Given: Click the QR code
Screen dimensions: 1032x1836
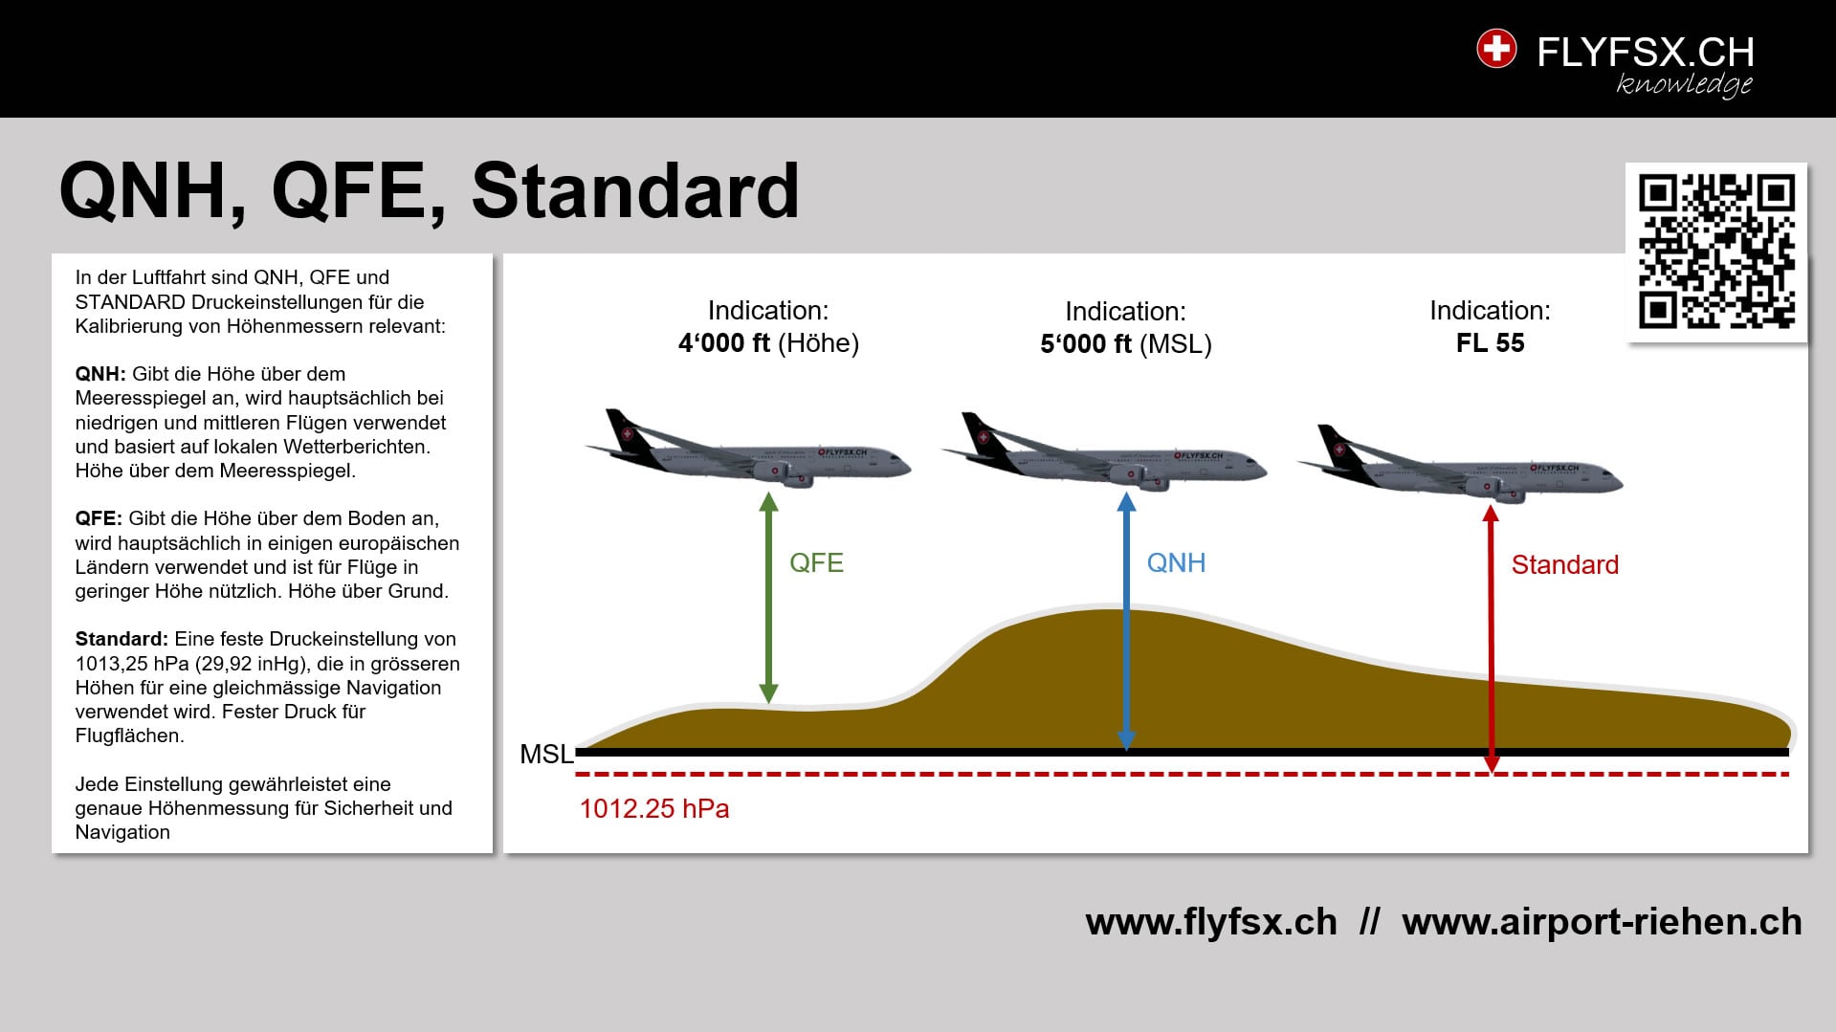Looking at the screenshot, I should (1716, 252).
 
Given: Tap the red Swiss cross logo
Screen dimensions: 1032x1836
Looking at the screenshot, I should (1496, 49).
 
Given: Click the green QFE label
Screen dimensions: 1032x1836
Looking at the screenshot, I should (816, 562).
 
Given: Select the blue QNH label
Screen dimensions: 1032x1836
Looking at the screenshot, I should (1176, 562).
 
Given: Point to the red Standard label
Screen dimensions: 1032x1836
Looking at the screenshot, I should (1564, 564).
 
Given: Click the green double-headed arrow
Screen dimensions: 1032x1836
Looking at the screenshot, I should (768, 598).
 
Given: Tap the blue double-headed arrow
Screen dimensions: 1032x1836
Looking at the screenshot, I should (1127, 622).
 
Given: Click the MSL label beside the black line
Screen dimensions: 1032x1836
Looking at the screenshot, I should (546, 755).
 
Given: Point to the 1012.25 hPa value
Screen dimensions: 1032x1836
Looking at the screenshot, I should (654, 809).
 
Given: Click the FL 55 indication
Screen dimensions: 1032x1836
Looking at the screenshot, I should (1490, 343).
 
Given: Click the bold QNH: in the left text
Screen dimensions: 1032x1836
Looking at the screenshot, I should (100, 374).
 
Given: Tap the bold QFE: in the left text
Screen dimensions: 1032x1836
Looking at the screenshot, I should (99, 518).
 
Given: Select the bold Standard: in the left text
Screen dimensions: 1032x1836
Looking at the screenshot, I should (122, 639).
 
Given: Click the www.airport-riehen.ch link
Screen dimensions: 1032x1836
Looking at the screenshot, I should (1602, 922).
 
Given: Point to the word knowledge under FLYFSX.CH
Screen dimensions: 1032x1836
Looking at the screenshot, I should (1684, 84).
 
